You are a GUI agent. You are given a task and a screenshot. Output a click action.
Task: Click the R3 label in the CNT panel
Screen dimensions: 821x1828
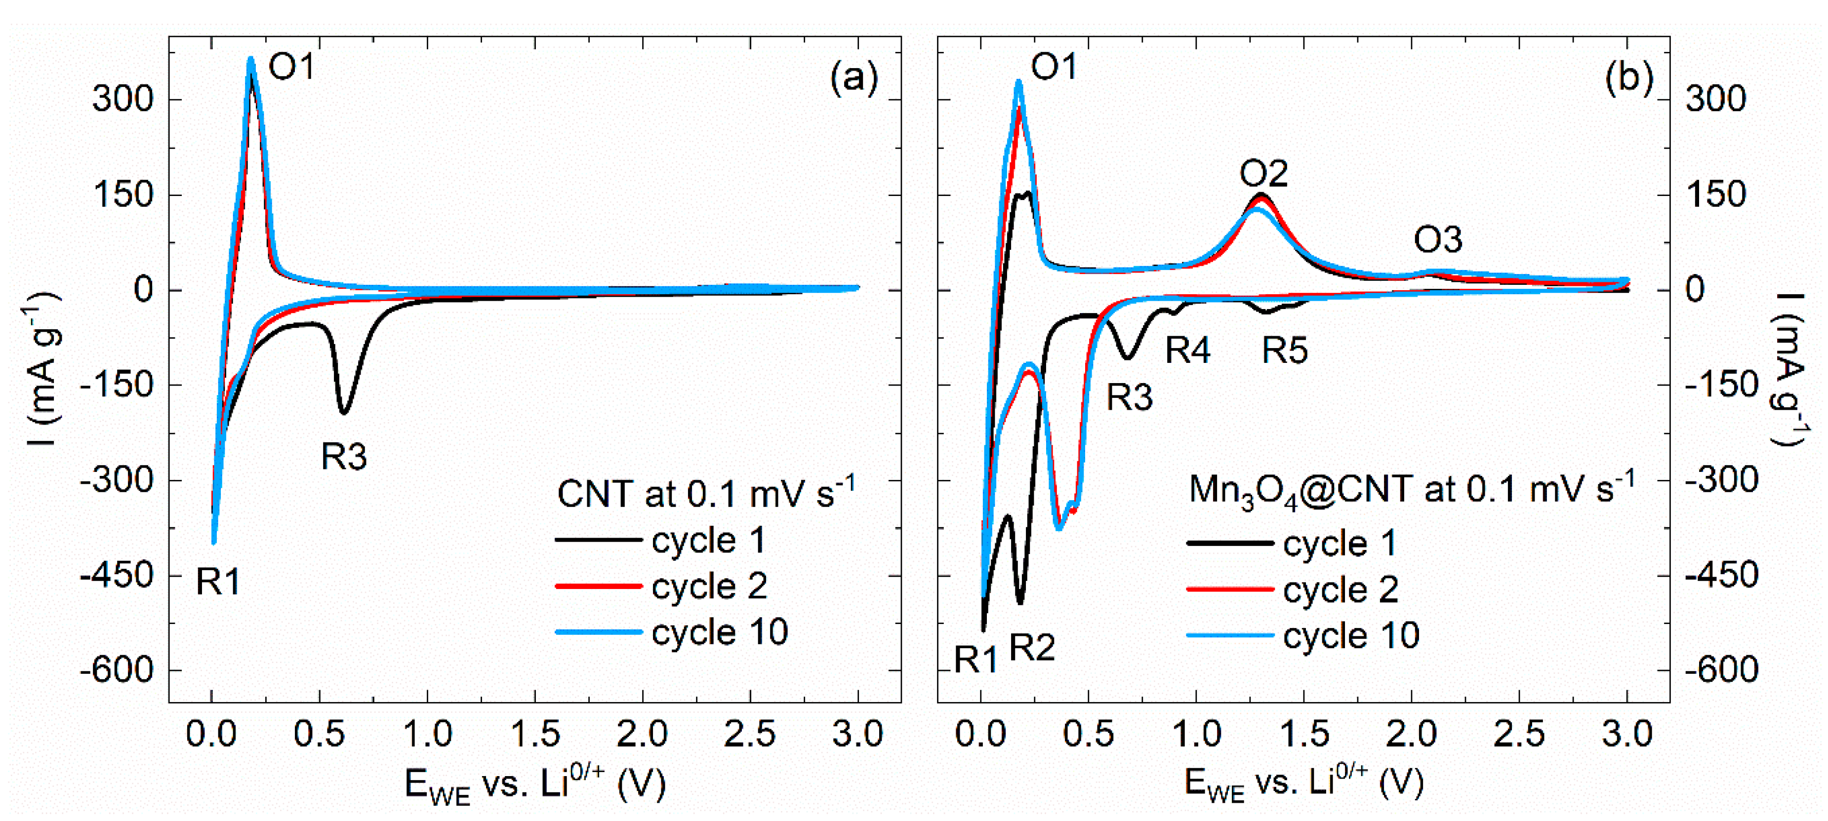[344, 456]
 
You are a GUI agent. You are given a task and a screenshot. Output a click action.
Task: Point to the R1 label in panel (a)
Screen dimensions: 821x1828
[218, 582]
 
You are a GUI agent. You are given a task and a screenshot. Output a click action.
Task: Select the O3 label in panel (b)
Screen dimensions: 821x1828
[1438, 240]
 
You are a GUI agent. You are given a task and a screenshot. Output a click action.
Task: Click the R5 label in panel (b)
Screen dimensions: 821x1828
[1284, 350]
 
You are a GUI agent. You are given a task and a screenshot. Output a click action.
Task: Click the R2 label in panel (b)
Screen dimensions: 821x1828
[1032, 647]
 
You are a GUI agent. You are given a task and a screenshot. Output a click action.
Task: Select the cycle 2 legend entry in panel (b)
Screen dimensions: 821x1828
[1340, 589]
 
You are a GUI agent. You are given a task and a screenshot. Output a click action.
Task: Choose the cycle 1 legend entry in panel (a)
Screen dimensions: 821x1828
[708, 540]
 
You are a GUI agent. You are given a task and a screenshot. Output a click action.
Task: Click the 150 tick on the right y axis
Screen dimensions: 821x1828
[1716, 195]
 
